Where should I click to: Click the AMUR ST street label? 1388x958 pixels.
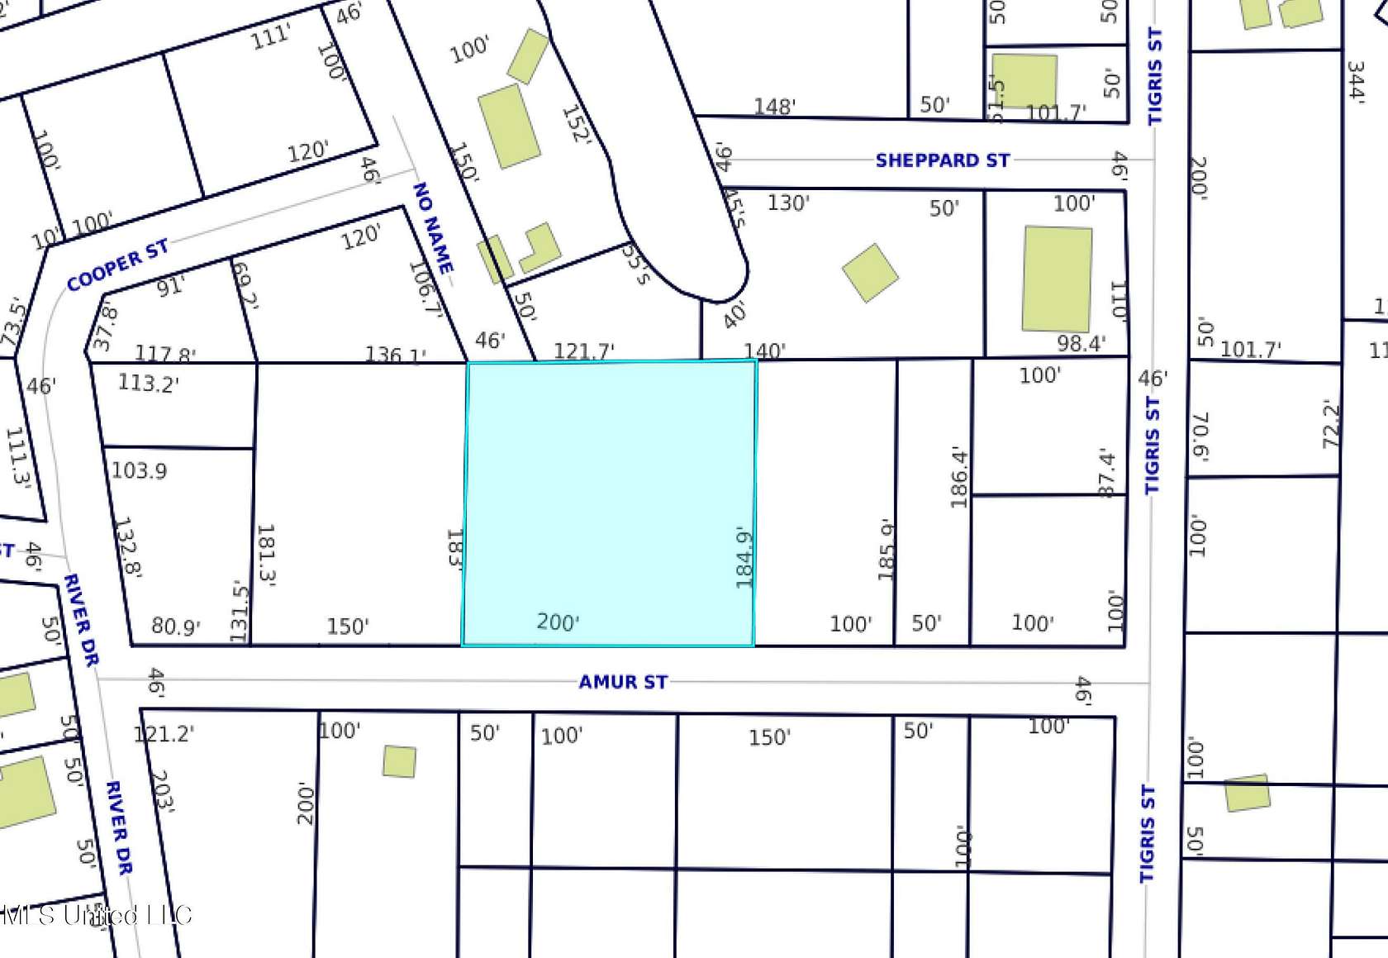point(623,682)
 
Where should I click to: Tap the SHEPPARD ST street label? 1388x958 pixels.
point(942,160)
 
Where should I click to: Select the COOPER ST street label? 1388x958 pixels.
point(117,265)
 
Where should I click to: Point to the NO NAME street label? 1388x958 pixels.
point(433,228)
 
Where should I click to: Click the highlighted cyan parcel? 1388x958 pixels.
point(610,496)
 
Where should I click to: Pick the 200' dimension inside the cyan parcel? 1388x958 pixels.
point(558,622)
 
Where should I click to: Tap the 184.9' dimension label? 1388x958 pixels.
point(744,558)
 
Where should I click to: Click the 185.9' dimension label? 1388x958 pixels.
point(887,550)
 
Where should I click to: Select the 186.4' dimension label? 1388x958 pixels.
point(958,477)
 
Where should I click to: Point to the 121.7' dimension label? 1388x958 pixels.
point(583,351)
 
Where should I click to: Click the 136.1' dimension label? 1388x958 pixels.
point(396,355)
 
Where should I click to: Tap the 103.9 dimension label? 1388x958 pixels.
point(139,471)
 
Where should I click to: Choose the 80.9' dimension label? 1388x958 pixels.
point(176,627)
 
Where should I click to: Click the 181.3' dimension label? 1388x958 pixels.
point(266,555)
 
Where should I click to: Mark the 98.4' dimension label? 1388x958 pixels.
point(1081,343)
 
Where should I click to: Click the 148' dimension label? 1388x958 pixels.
point(774,107)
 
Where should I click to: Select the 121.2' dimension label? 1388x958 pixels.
point(164,733)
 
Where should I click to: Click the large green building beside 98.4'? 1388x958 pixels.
point(1057,279)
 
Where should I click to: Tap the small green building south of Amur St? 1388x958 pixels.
point(399,761)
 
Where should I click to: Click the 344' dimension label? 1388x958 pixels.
point(1356,80)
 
